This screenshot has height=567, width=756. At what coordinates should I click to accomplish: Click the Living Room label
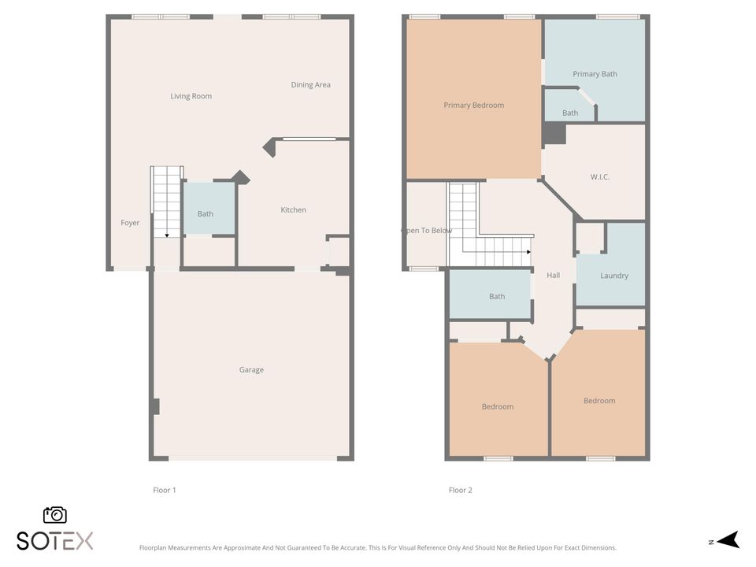[x=191, y=96]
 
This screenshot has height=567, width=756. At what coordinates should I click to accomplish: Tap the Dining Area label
[x=310, y=85]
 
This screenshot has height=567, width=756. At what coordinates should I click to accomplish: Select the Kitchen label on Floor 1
[x=294, y=209]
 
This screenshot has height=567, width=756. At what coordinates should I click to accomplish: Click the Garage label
[x=251, y=369]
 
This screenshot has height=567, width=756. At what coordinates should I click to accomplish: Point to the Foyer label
[x=130, y=223]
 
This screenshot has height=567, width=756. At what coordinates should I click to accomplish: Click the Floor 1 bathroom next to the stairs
[x=206, y=213]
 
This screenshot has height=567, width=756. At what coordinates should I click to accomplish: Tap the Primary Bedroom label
[x=473, y=105]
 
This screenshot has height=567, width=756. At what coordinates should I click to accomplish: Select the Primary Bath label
[x=595, y=74]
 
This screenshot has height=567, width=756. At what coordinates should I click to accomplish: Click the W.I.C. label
[x=600, y=177]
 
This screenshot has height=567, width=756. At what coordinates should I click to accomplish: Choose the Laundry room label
[x=614, y=276]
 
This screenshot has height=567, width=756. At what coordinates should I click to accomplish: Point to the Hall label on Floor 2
[x=553, y=276]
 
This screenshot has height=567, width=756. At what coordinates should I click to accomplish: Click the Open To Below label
[x=427, y=231]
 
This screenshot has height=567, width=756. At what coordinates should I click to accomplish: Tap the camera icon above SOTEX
[x=54, y=515]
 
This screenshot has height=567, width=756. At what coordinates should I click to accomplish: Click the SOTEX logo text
[x=54, y=541]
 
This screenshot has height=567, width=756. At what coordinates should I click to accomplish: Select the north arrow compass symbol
[x=728, y=540]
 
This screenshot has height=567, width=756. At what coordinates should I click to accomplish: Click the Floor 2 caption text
[x=461, y=490]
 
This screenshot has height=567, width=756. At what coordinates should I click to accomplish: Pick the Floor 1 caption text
[x=165, y=490]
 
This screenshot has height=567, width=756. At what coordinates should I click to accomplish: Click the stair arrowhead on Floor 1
[x=167, y=235]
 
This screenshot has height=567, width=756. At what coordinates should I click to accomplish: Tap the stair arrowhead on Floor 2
[x=528, y=253]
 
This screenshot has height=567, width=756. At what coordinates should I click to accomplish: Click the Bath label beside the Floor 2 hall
[x=497, y=296]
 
